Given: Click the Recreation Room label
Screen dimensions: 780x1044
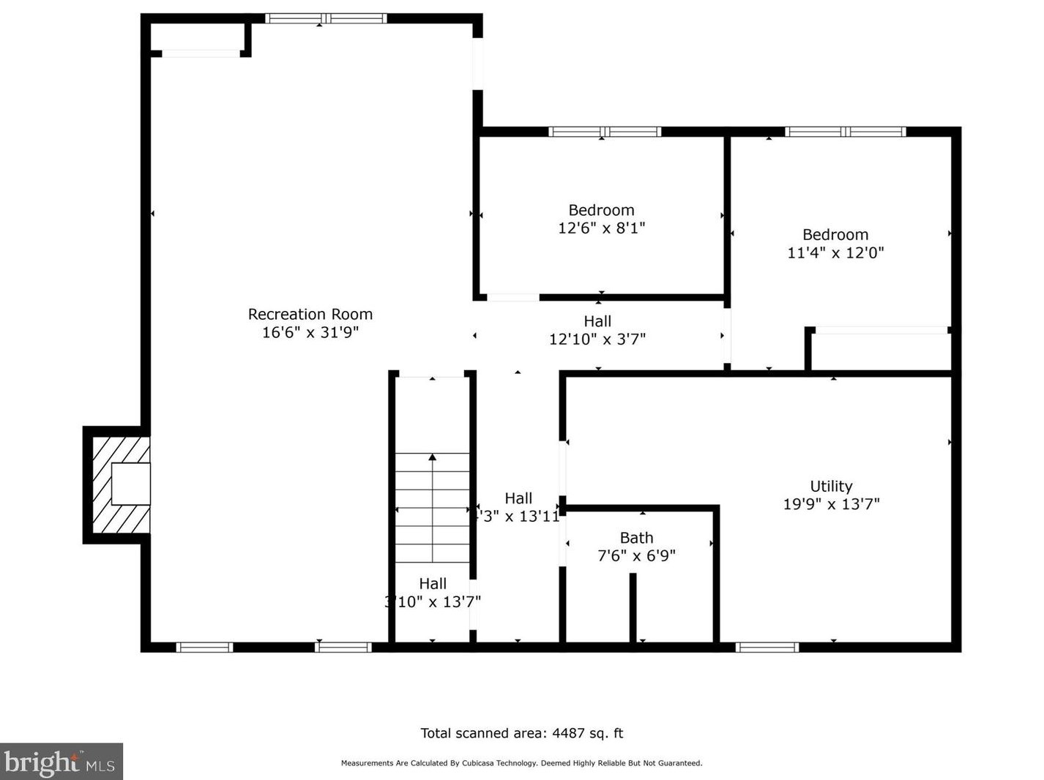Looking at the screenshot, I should click(310, 314).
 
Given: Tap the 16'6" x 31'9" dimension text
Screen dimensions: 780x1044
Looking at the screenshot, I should click(310, 332).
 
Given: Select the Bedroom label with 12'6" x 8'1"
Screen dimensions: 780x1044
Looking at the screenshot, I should click(601, 210).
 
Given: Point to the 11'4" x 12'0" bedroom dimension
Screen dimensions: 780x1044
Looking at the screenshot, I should click(835, 253).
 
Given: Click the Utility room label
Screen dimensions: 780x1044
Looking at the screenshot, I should click(831, 486).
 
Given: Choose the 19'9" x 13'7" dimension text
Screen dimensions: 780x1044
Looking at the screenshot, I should click(831, 504).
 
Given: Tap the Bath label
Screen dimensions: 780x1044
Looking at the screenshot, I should click(636, 538).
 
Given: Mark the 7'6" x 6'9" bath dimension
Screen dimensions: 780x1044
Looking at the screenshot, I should click(636, 556).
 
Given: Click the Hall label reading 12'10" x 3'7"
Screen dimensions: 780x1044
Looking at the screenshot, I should click(597, 321).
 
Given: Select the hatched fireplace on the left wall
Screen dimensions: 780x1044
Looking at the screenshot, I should click(117, 484).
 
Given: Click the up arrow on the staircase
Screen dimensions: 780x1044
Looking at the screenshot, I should click(432, 458).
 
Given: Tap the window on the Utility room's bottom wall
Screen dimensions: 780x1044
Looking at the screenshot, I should click(767, 647).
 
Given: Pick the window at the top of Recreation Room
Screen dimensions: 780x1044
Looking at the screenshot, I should click(326, 18).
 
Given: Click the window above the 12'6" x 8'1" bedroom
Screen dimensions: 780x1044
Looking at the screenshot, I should click(605, 132).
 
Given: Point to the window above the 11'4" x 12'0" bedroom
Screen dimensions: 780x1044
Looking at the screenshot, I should click(846, 132).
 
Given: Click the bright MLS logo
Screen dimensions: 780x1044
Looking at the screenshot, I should click(61, 762).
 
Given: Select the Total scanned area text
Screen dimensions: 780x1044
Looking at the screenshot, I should click(521, 733).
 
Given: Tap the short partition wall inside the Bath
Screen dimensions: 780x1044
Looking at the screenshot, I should click(633, 607).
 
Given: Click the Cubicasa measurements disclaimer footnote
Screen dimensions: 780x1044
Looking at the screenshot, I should click(521, 763).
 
